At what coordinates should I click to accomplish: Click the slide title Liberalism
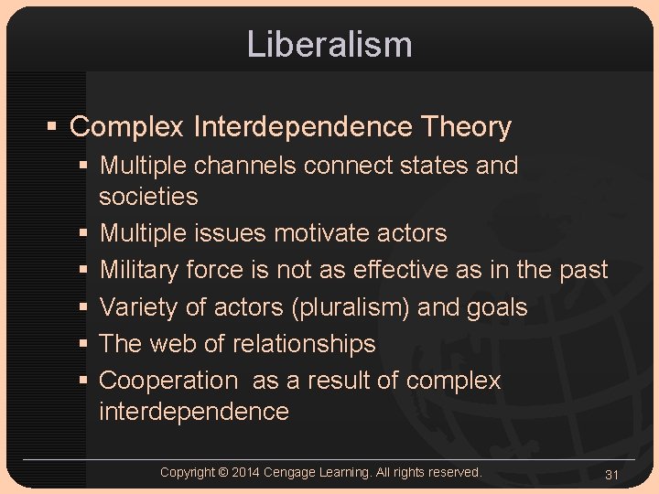pos(329,44)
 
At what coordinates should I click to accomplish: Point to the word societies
pos(148,196)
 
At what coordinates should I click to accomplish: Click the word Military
pos(139,270)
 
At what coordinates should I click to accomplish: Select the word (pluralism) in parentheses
pos(351,307)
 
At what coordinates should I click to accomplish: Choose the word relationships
pos(304,344)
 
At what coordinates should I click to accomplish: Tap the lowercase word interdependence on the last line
pos(194,412)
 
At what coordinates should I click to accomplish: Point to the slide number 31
pos(612,474)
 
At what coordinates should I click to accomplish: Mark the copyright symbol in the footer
pos(223,472)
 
